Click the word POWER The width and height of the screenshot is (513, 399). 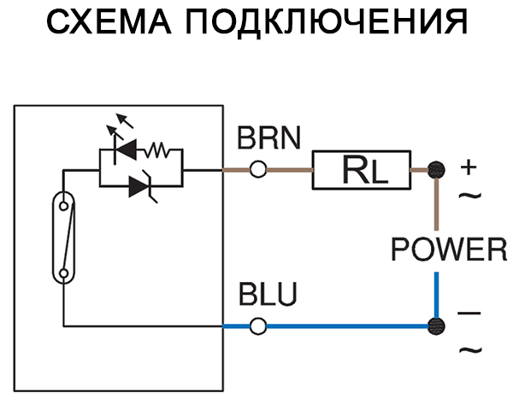[449, 249]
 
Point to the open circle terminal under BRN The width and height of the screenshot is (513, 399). [257, 170]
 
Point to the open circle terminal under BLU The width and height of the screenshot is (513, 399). [257, 326]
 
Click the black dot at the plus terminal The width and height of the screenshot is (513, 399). [437, 169]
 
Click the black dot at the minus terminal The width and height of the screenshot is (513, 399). [437, 326]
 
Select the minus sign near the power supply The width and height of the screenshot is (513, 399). [470, 314]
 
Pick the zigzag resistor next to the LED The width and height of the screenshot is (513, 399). [159, 152]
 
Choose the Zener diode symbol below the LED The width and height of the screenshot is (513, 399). [142, 187]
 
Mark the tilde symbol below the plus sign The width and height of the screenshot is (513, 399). [470, 196]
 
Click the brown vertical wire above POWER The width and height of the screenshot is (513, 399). [437, 205]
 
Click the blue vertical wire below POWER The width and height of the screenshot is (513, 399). [437, 295]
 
